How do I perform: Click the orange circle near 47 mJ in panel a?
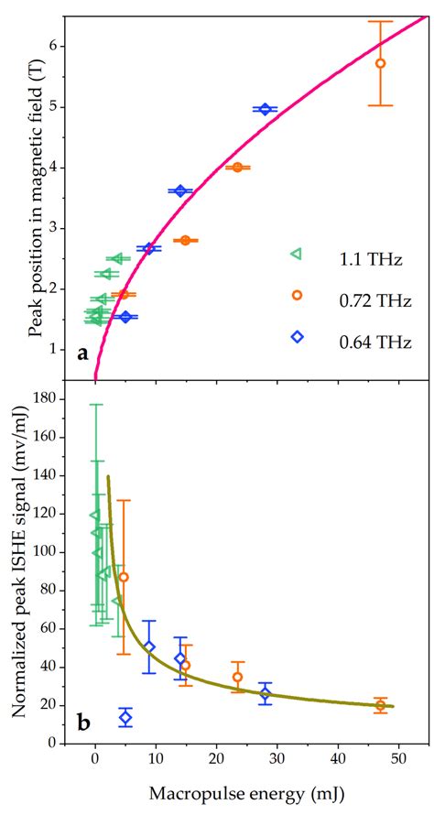380,63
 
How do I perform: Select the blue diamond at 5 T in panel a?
265,109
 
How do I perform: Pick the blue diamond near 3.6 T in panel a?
180,190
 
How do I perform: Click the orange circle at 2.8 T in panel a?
186,240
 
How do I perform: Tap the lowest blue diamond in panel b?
125,717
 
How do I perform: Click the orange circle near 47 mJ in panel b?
380,705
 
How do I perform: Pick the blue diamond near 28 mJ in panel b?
265,693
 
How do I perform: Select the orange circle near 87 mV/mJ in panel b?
124,577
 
